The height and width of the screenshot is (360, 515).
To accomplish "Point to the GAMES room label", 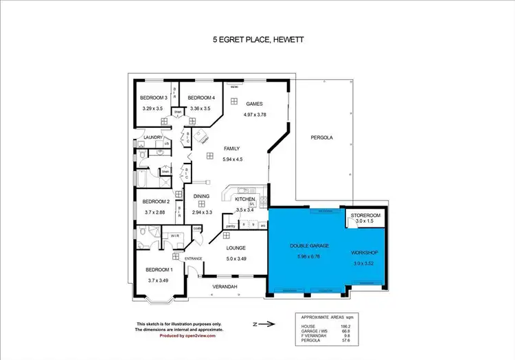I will [x=255, y=104].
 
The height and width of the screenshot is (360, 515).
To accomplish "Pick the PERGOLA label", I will [x=321, y=137].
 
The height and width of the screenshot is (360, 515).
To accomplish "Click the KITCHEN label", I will [x=245, y=199].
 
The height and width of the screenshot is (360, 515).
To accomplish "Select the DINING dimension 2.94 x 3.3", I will [x=201, y=213].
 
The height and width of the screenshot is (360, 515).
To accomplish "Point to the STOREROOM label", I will [x=365, y=216].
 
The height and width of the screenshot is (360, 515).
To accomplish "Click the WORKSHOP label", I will [x=365, y=252].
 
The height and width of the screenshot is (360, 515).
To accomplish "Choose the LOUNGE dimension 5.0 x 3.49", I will [x=236, y=258].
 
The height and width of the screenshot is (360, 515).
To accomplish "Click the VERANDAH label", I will [x=224, y=286].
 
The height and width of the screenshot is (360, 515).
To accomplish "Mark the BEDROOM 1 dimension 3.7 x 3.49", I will [x=158, y=280].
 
